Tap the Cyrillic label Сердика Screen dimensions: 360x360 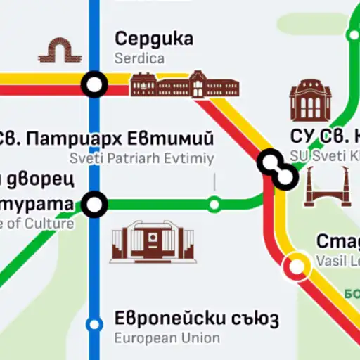(x=154, y=39)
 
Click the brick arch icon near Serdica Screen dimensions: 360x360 (x=56, y=50)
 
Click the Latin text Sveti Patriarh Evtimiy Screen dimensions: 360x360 (x=141, y=158)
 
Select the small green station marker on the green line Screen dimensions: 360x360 (x=214, y=205)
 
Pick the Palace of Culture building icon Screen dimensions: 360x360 (x=141, y=241)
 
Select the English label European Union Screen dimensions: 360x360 (x=167, y=338)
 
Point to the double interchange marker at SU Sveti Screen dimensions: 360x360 (x=276, y=169)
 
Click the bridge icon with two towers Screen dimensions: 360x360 (x=326, y=187)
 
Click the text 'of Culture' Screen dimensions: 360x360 (x=42, y=224)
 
